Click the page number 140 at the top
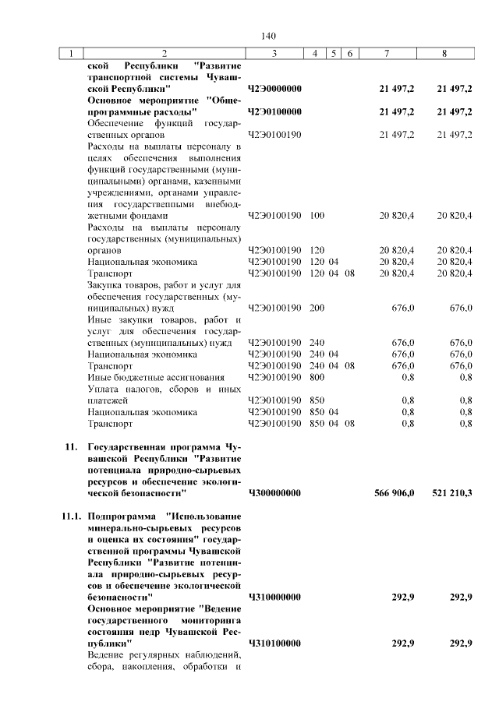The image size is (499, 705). pyautogui.click(x=270, y=36)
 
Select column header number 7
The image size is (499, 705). pyautogui.click(x=388, y=54)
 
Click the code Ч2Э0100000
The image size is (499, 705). pyautogui.click(x=274, y=112)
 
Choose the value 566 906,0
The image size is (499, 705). pyautogui.click(x=396, y=493)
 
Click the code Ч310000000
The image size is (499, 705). pyautogui.click(x=274, y=597)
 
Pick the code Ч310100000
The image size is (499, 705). pyautogui.click(x=274, y=643)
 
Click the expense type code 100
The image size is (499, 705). pyautogui.click(x=317, y=215)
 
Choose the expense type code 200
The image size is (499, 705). pyautogui.click(x=317, y=308)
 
